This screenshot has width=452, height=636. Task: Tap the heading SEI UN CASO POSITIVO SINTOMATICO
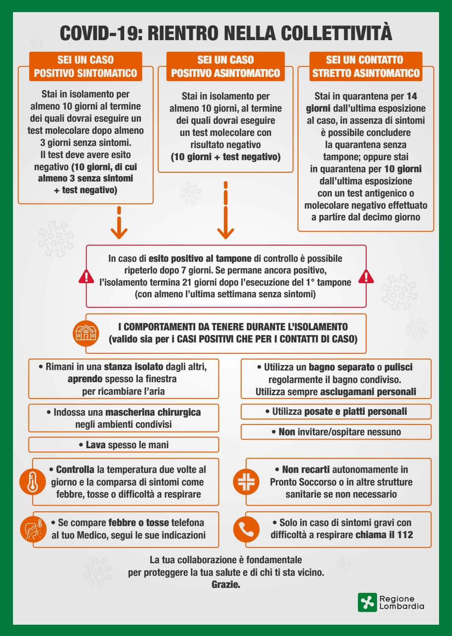85,66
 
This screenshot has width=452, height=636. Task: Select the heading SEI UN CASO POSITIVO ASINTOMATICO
226,66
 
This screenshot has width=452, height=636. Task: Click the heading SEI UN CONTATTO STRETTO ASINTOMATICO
366,66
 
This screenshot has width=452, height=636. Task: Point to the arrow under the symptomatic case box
119,222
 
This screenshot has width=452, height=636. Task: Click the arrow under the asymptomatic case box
226,210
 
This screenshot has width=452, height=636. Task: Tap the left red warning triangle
86,276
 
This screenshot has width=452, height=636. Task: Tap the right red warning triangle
366,276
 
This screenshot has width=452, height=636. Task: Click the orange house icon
86,333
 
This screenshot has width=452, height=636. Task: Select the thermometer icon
33,482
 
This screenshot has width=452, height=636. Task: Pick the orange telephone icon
247,529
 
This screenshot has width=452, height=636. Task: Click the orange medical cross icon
247,482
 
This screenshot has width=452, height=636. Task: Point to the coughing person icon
33,529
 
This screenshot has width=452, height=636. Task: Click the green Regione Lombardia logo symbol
367,602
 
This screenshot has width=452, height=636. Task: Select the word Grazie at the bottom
226,584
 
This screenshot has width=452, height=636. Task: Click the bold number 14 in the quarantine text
412,96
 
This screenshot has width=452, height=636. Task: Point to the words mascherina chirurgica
153,412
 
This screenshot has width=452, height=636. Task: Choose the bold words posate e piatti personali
355,411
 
